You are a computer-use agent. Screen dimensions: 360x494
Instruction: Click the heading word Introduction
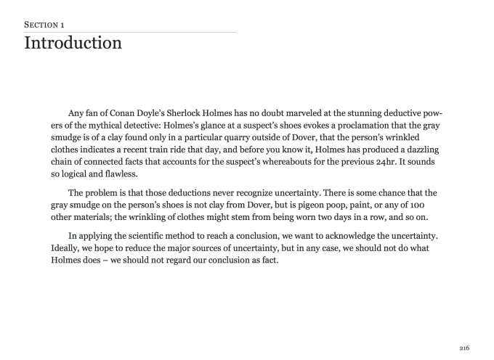[73, 43]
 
